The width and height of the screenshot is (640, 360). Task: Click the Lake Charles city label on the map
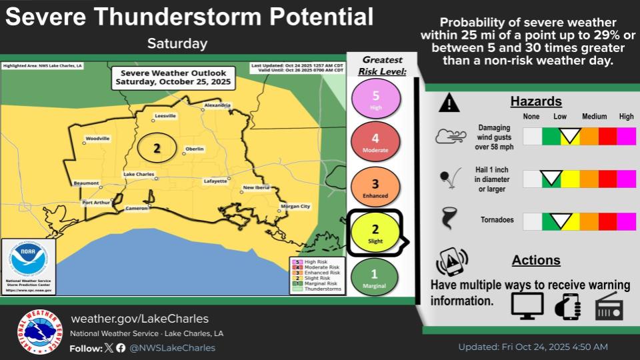pos(139,174)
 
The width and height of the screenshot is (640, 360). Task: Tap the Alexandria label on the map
pos(217,105)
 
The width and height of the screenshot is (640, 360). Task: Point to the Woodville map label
pos(97,139)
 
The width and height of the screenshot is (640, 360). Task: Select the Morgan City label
pos(296,207)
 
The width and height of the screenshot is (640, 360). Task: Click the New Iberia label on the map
pos(256,188)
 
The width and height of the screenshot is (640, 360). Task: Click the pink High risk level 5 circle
pos(375,99)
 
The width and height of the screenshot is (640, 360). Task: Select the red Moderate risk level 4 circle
pos(375,142)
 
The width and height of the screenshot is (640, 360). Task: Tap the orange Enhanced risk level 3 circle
pos(375,187)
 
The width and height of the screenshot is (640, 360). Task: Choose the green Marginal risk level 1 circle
pos(375,276)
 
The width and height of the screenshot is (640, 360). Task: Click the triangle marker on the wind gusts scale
pos(569,137)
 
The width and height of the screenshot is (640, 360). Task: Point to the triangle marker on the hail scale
pos(551,178)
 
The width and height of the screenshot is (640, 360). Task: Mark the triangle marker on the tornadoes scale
pos(560,220)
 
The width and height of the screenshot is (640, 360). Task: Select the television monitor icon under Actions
pos(527,305)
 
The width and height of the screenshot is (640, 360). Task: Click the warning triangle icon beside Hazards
pos(450,103)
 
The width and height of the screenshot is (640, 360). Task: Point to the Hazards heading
pos(536,102)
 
